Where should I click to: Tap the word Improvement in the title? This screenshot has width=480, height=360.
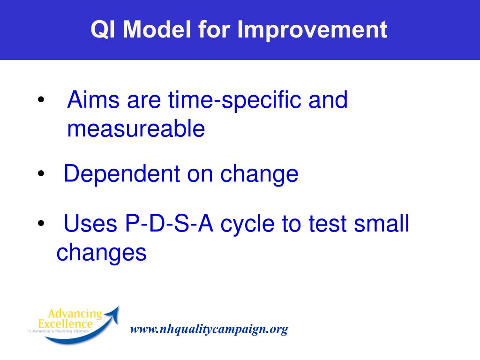[312, 30]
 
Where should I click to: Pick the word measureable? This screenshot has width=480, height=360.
[136, 128]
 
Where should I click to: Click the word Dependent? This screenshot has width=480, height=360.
[121, 174]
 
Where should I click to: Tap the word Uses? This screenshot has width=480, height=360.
[90, 224]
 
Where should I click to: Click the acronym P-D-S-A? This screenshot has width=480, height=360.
[169, 224]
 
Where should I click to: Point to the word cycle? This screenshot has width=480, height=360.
[247, 225]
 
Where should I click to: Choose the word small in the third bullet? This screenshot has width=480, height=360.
[382, 223]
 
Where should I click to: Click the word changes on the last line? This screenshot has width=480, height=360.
[101, 253]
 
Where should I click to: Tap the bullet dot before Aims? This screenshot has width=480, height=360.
[41, 99]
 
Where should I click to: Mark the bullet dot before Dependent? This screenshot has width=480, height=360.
[41, 173]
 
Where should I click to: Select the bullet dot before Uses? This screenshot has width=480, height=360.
[41, 223]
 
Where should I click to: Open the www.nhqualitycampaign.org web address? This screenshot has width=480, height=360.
[209, 330]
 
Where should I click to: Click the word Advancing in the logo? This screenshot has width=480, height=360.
[75, 314]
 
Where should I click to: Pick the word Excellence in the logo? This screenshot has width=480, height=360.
[65, 323]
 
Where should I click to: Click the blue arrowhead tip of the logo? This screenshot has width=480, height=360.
[118, 307]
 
